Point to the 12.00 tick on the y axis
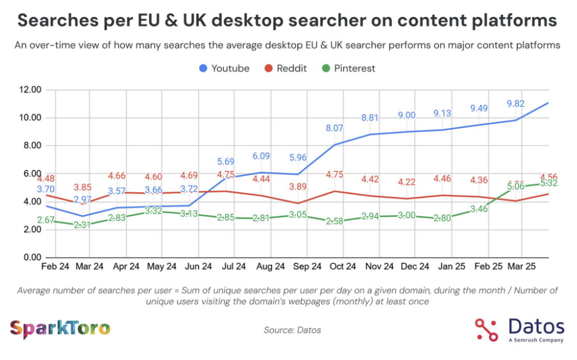[29, 90]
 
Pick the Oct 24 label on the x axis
[343, 266]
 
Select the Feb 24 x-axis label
[55, 266]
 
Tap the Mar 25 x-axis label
[522, 266]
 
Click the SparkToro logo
[60, 328]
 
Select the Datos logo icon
[486, 330]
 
